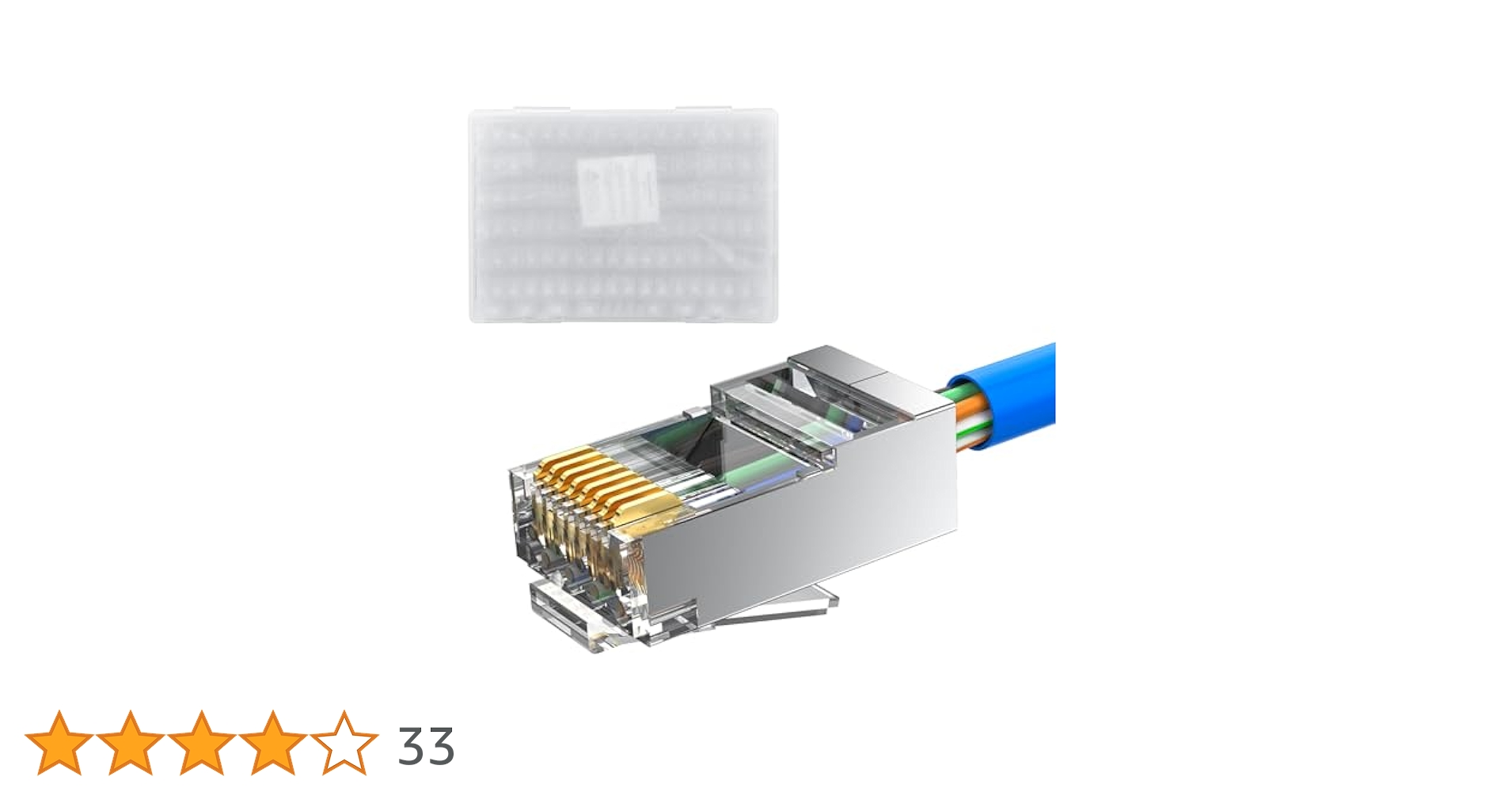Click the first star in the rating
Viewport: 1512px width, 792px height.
[x=59, y=743]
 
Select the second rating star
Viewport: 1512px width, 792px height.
[x=131, y=743]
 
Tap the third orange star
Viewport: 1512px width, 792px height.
[x=202, y=743]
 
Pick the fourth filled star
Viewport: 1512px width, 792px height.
[x=273, y=743]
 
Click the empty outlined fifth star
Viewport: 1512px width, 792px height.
[x=344, y=743]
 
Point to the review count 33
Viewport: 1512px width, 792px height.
[x=426, y=746]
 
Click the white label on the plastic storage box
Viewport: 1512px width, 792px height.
[x=618, y=189]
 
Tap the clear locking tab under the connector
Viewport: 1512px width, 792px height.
[x=776, y=610]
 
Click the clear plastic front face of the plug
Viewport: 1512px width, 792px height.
[x=554, y=546]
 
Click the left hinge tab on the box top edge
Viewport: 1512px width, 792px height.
[x=541, y=109]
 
